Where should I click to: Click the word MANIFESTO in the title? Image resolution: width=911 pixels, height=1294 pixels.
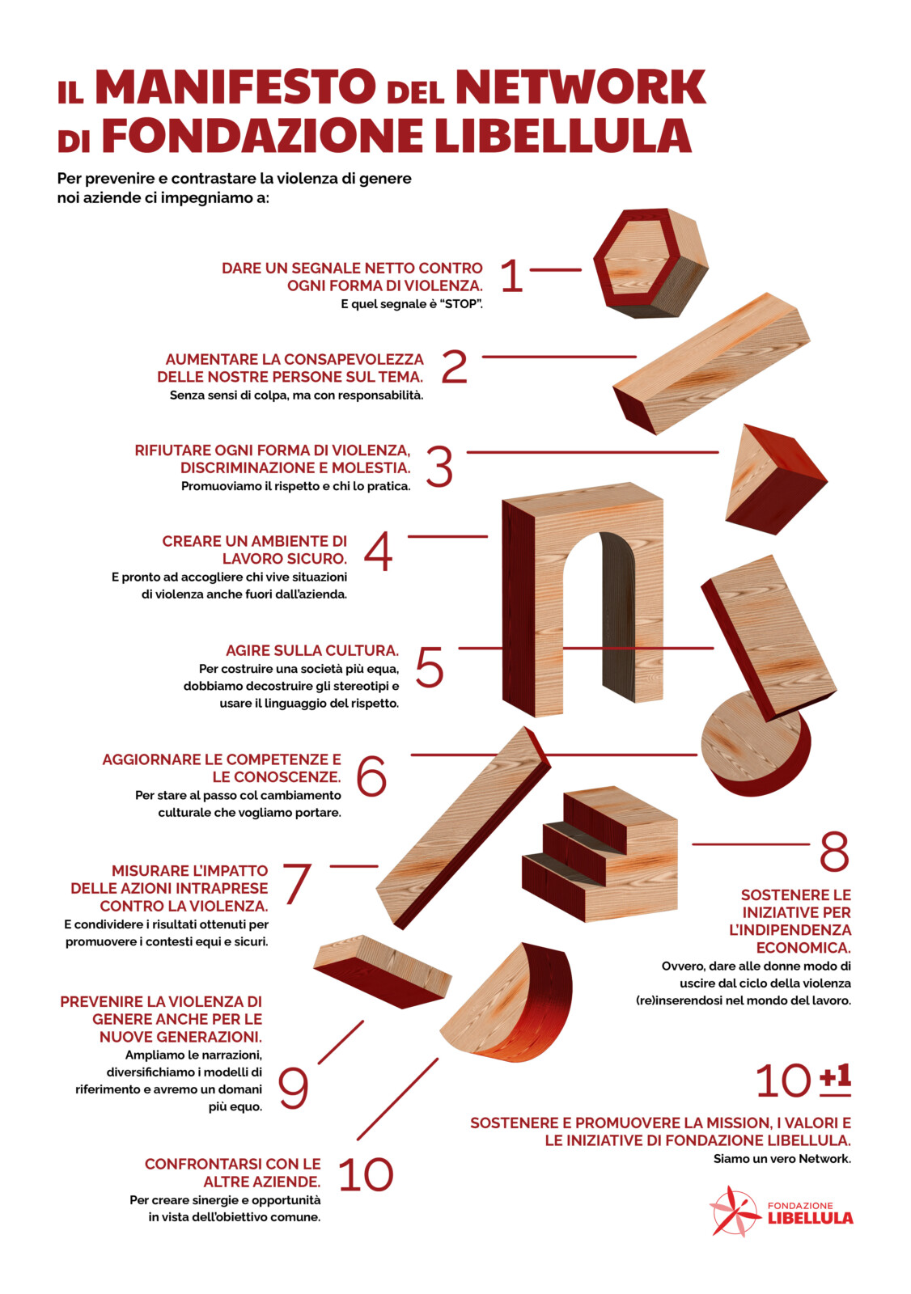click(235, 87)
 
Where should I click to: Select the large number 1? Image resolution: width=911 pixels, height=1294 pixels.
click(511, 276)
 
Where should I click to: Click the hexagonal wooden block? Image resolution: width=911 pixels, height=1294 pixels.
click(650, 263)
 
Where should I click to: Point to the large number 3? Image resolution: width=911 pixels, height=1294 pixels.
click(439, 466)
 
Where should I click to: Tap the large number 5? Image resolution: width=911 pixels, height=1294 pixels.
click(430, 666)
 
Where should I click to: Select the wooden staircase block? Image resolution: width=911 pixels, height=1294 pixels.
click(600, 853)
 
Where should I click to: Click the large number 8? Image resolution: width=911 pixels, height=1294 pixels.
click(834, 852)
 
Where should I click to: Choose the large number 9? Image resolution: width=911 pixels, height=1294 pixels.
click(293, 1089)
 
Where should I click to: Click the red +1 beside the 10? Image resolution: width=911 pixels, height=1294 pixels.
click(836, 1079)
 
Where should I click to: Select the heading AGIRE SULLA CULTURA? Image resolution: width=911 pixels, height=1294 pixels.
click(312, 650)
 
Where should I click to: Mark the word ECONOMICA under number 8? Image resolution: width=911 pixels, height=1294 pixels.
click(803, 948)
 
